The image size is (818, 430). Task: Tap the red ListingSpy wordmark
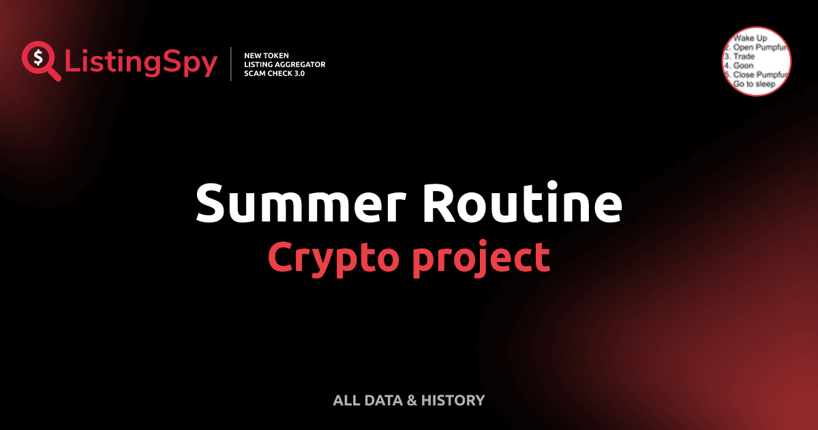[x=141, y=63]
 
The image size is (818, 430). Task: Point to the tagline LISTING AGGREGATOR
[x=284, y=64]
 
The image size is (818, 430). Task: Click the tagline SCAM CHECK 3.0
[x=274, y=73]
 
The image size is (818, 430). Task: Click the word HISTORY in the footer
[x=453, y=400]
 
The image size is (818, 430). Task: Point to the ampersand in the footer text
[x=412, y=400]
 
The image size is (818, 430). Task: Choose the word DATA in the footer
[x=382, y=400]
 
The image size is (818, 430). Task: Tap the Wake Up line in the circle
[x=750, y=39]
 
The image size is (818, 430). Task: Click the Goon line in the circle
[x=743, y=66]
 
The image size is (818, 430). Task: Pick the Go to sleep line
[x=754, y=83]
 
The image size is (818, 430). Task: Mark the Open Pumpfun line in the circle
[x=758, y=48]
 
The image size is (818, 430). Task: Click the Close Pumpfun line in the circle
[x=759, y=74]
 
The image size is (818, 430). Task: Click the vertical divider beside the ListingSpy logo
[x=232, y=64]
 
